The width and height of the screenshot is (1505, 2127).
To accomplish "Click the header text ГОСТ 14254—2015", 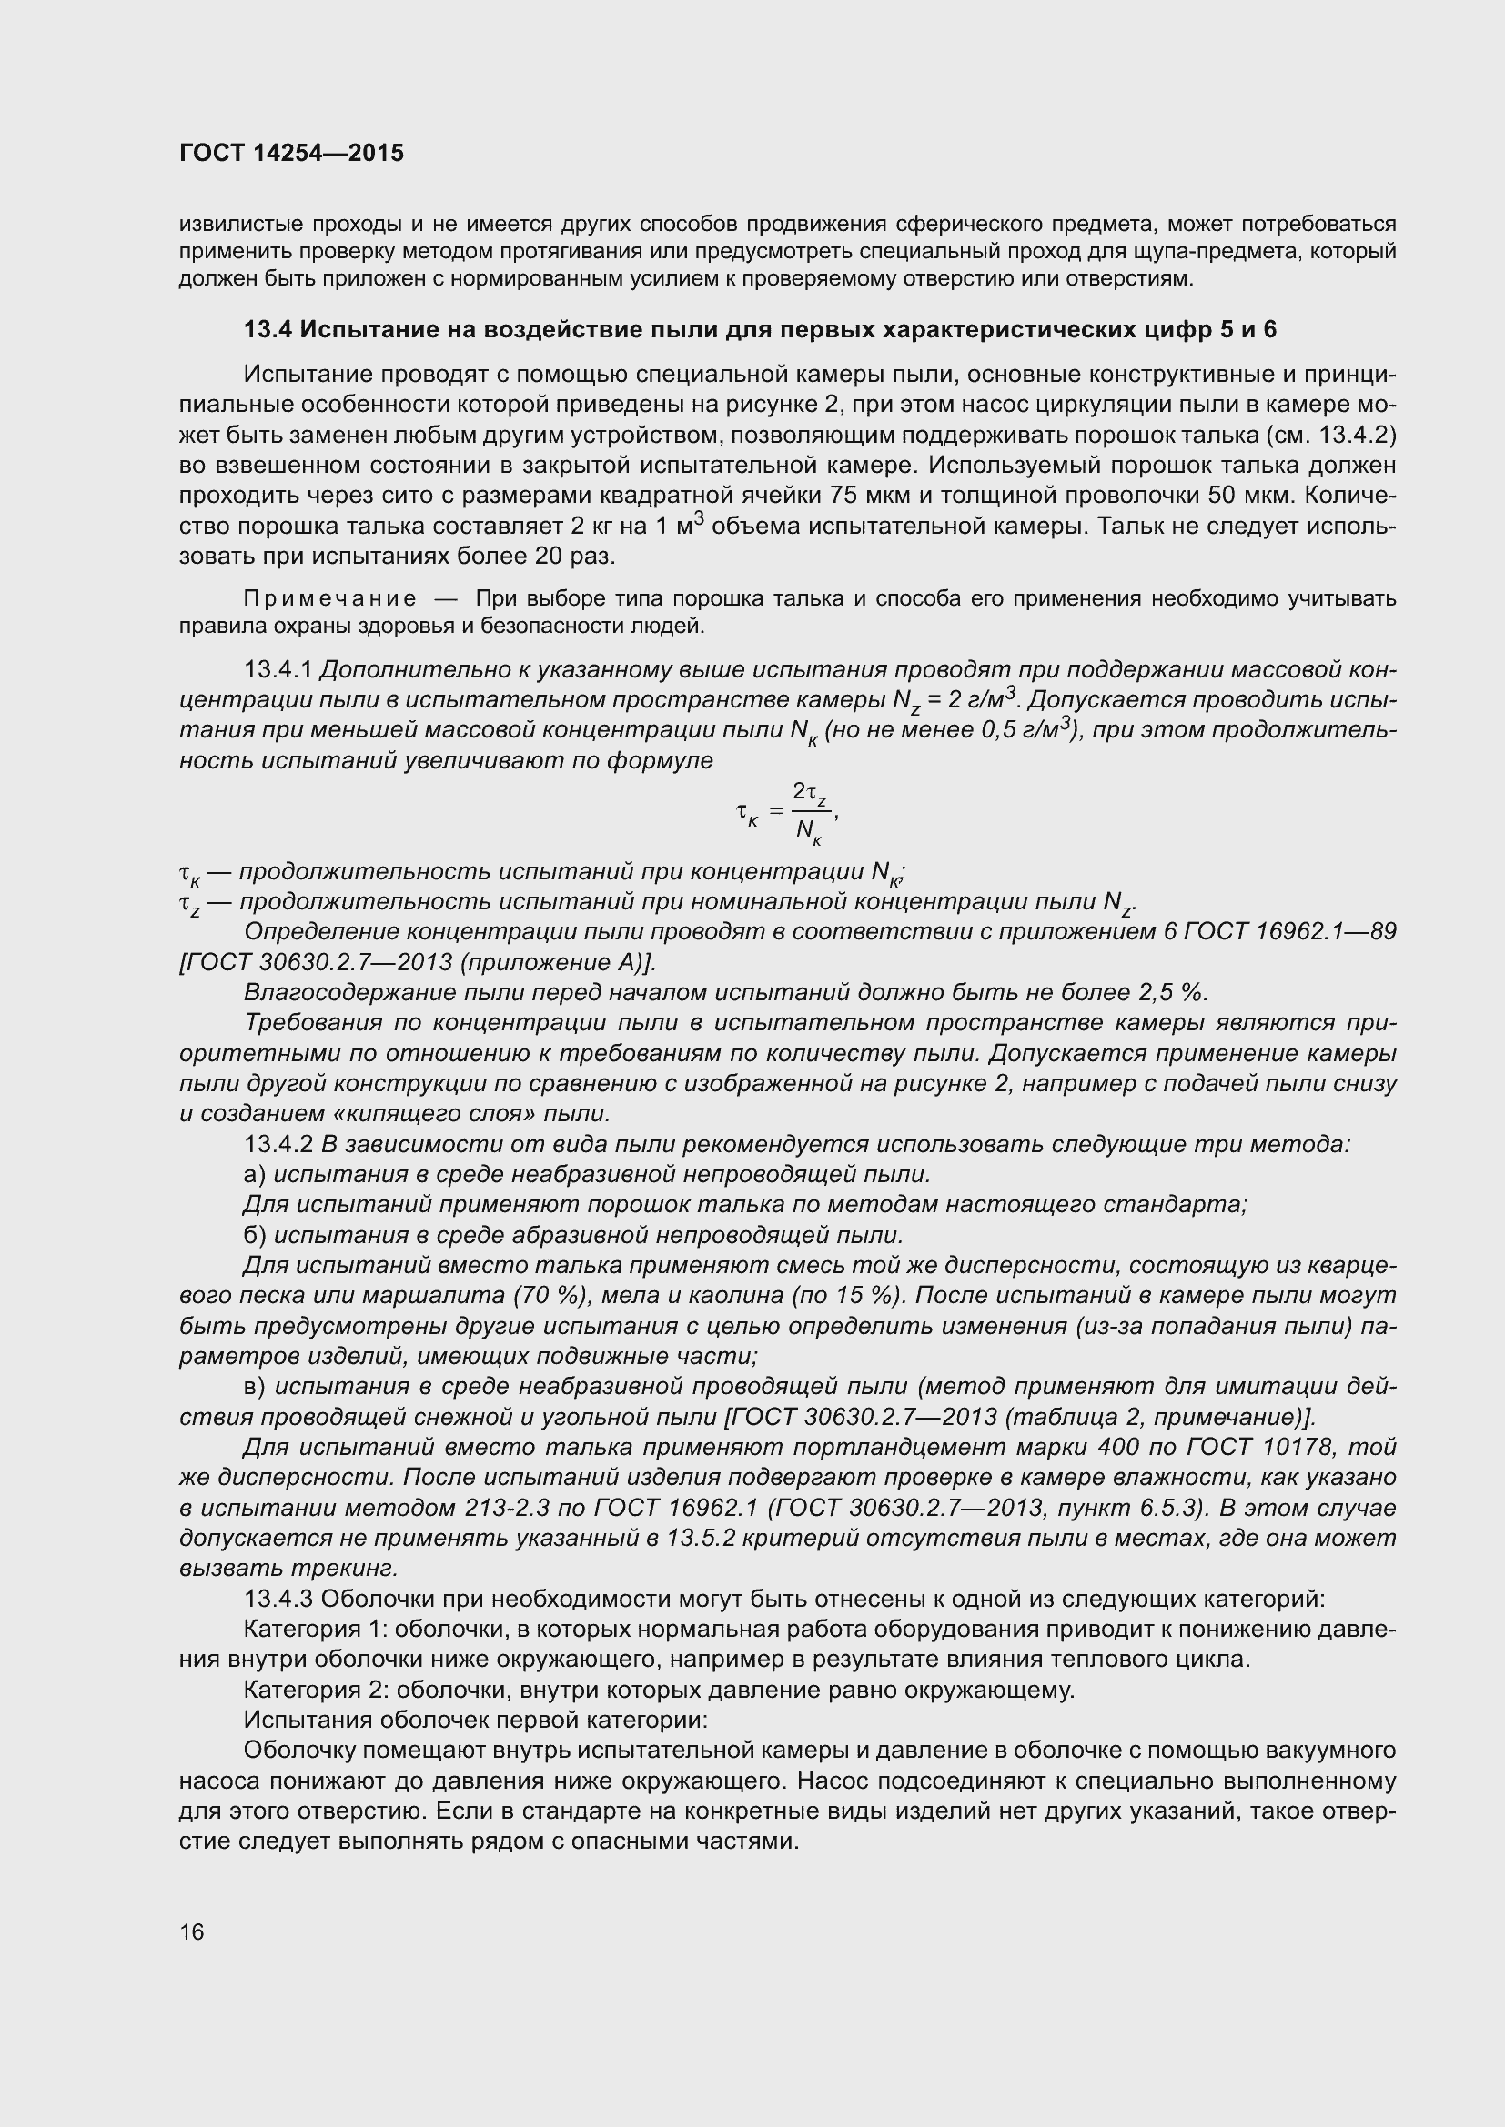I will tap(291, 154).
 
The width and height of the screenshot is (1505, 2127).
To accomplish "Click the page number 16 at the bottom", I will tap(192, 1931).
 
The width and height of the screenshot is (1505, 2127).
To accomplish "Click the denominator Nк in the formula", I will tap(808, 830).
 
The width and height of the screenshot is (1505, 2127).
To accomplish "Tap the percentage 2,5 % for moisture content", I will tap(1172, 992).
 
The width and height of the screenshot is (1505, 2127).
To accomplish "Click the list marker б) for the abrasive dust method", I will tap(255, 1235).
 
